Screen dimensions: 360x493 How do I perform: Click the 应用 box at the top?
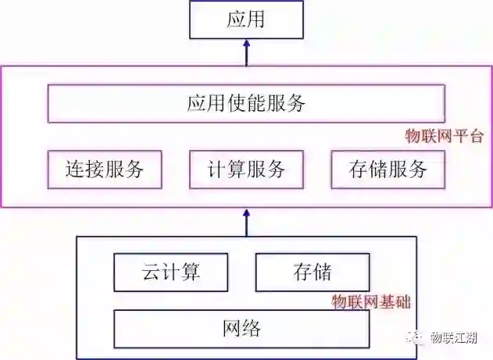coord(245,20)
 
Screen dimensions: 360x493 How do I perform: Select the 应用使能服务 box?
coord(245,103)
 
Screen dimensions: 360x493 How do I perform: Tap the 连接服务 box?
coord(105,169)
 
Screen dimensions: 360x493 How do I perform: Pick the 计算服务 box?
coord(245,169)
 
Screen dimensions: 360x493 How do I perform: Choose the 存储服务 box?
coord(388,169)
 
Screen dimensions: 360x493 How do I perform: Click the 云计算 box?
coord(171,272)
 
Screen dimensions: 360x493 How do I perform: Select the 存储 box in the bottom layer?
coord(313,272)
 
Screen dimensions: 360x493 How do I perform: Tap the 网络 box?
coord(241,328)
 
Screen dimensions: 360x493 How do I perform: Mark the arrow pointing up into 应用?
coord(245,52)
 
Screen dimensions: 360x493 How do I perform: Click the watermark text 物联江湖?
coord(459,337)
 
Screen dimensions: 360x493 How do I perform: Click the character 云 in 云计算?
coord(152,272)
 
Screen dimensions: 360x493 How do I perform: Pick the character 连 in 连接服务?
coord(76,169)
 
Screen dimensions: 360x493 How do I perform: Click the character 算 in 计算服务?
coord(236,169)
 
